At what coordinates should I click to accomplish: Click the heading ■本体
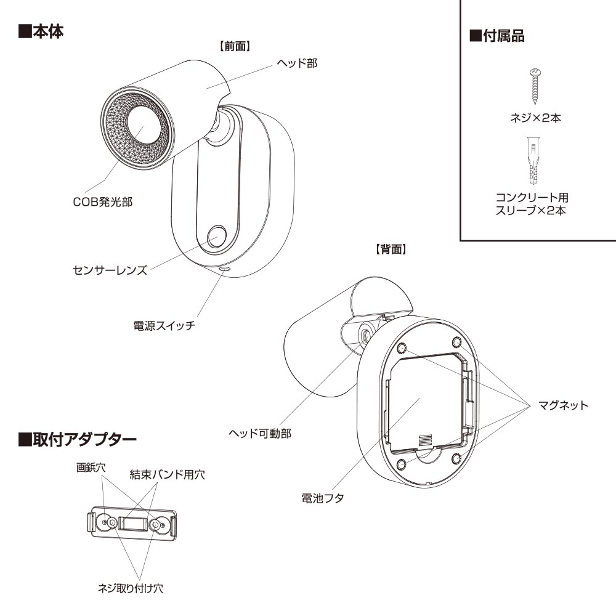[x=41, y=31]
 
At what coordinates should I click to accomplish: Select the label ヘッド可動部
[x=259, y=433]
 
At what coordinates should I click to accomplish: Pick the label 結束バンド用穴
[x=167, y=474]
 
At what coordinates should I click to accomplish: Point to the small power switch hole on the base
[x=223, y=269]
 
